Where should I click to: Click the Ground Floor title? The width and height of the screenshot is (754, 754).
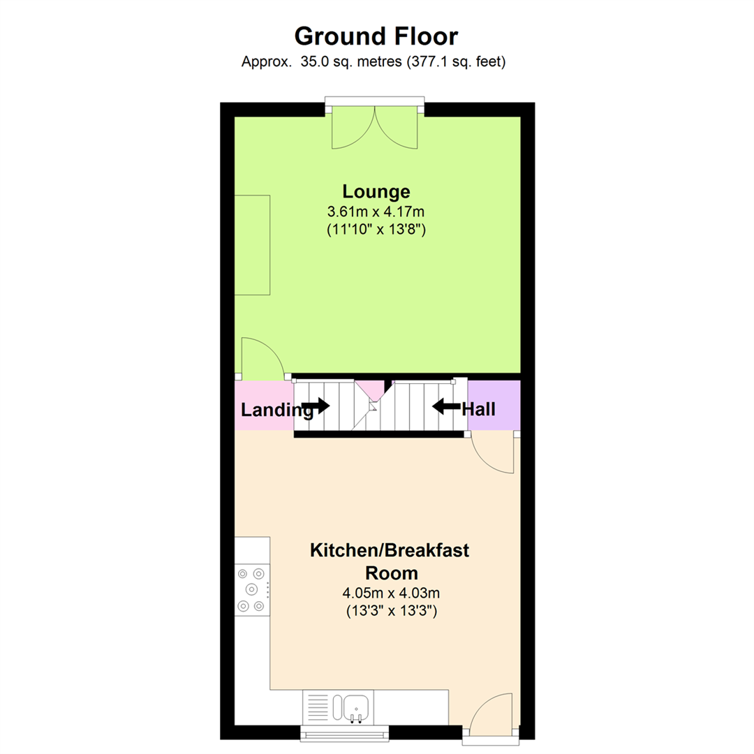pos(376,36)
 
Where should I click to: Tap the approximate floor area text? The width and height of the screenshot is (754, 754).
pos(374,62)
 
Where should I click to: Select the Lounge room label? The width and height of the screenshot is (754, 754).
pos(376,191)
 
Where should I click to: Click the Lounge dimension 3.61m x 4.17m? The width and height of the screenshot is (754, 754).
pos(376,211)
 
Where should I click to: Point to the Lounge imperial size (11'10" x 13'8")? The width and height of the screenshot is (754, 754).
pos(376,229)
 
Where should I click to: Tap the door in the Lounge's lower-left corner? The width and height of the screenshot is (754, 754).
pos(261,359)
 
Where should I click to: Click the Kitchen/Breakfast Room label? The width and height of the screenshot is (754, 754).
pos(390,561)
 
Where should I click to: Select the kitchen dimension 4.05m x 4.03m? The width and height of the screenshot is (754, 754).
pos(390,594)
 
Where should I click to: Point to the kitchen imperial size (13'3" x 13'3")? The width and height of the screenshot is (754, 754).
pos(390,612)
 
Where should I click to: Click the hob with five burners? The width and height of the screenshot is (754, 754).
pos(251,590)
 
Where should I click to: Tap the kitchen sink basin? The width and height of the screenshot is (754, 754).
pos(353,705)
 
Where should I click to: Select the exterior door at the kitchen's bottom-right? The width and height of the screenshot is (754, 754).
pos(491,714)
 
